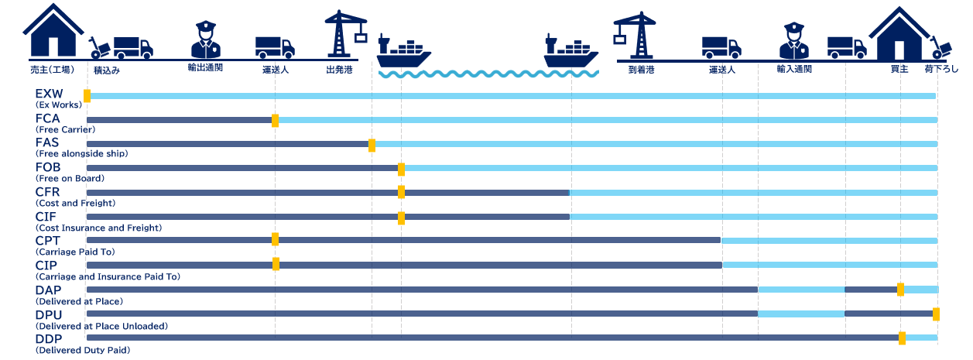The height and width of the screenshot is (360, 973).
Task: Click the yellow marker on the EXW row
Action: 87,96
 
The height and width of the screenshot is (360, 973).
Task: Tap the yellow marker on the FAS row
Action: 372,145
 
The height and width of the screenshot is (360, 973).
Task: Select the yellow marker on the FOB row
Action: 402,170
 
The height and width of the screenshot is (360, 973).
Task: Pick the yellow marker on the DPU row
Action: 936,314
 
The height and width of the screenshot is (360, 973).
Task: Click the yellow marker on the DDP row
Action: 903,338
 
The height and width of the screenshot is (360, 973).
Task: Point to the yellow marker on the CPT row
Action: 275,239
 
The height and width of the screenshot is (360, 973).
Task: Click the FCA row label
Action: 48,118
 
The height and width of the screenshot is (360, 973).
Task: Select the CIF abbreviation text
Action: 46,216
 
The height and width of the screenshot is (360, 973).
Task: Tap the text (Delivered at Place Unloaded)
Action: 101,326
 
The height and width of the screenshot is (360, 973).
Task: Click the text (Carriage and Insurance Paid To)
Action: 108,276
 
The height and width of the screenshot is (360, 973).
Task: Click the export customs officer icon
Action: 206,39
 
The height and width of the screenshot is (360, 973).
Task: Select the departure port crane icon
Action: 346,34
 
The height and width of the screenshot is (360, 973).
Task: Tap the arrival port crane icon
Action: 635,35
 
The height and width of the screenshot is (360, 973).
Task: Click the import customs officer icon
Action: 794,40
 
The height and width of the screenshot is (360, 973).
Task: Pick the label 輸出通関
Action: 205,68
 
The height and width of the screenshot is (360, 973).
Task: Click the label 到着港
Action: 641,70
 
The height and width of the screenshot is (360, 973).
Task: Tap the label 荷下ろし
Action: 941,69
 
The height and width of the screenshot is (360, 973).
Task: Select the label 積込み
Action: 107,70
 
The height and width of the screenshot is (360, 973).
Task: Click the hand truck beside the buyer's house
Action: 940,48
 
